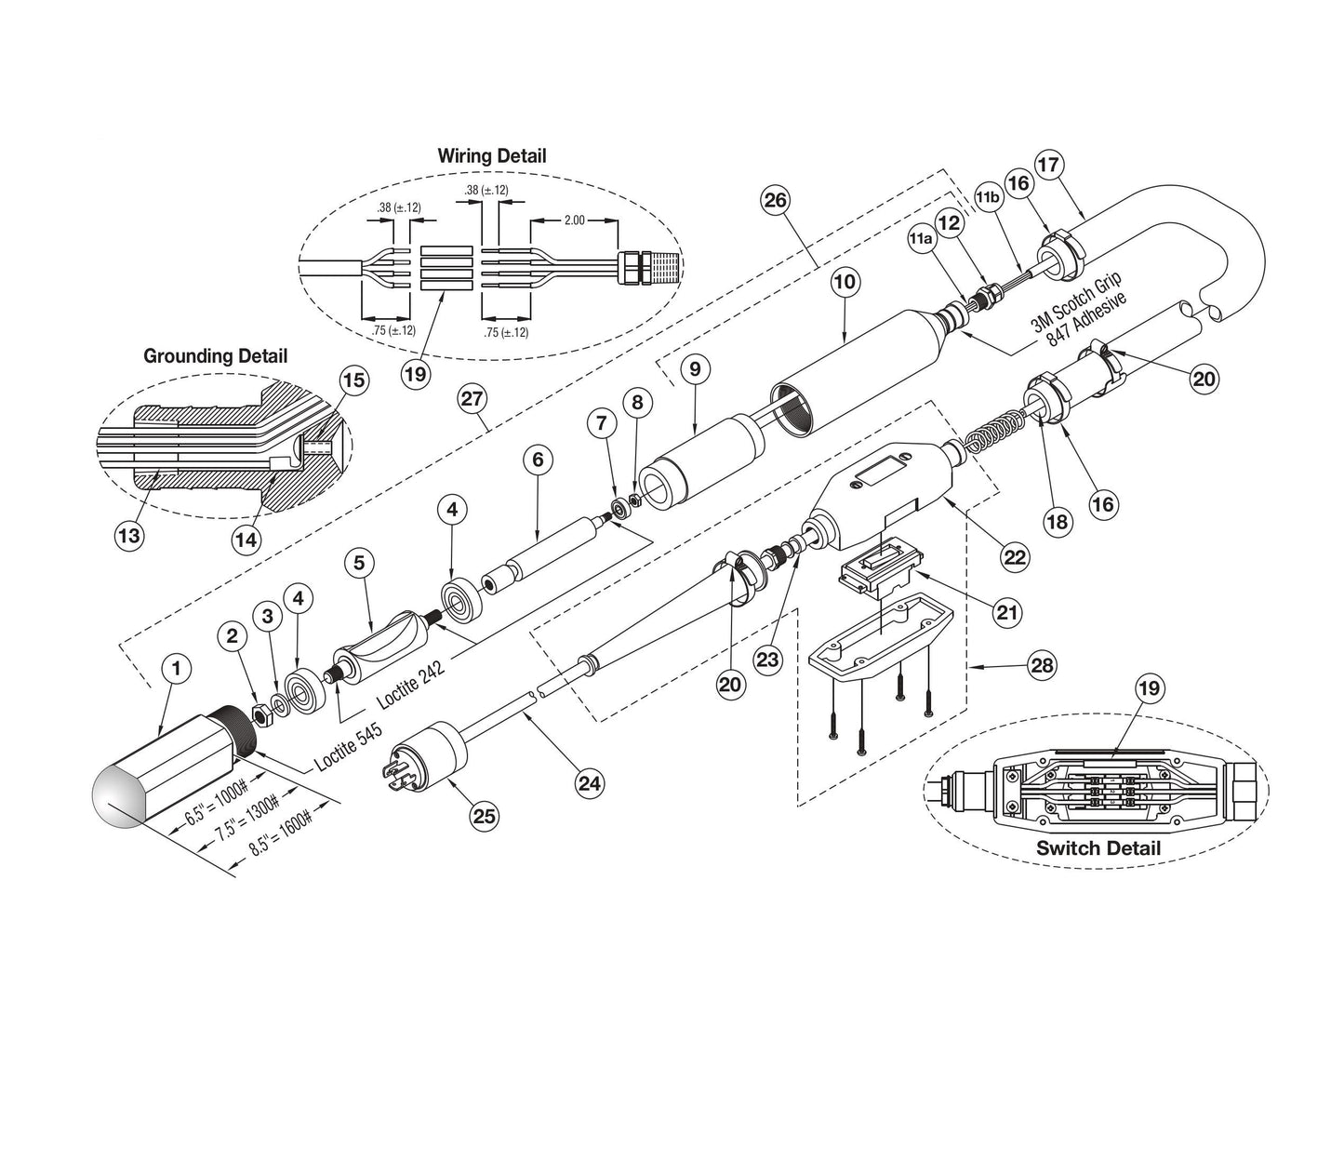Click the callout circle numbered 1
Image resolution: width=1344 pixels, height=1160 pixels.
176,667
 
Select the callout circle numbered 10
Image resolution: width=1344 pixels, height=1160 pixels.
845,282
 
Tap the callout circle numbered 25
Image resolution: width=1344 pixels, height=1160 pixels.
485,816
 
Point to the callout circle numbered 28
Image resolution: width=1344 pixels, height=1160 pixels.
1042,665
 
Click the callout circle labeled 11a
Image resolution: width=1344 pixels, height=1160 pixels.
920,238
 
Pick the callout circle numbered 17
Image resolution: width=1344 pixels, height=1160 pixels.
1048,165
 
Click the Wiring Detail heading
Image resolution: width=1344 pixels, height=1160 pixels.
492,156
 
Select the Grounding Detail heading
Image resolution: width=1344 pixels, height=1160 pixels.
215,355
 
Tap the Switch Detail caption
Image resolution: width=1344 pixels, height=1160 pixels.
1098,847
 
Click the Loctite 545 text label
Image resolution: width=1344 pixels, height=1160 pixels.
347,745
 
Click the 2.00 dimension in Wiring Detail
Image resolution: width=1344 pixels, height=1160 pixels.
573,220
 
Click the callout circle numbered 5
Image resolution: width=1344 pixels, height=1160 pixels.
359,563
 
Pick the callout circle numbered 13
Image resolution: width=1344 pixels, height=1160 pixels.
129,535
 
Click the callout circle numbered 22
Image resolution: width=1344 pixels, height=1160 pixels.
1014,556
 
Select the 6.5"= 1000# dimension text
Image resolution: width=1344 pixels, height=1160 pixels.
215,803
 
